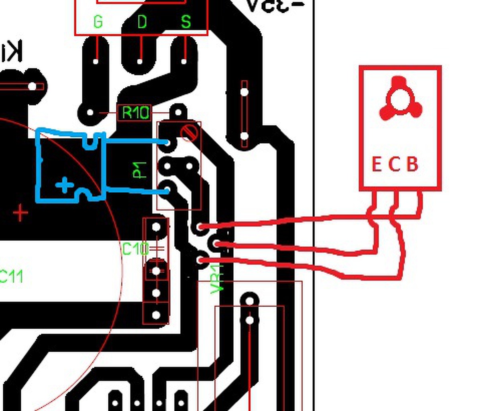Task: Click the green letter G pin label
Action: (98, 22)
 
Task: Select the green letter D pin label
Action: (142, 22)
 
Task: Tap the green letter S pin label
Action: (185, 22)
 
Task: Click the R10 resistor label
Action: (135, 113)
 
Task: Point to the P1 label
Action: (139, 170)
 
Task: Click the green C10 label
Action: (135, 249)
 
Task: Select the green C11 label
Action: (11, 277)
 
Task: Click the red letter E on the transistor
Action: (377, 165)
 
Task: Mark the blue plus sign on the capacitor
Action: (64, 185)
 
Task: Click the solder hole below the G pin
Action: (96, 61)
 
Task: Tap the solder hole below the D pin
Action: (140, 61)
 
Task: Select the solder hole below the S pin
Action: (184, 61)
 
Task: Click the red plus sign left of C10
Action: (20, 213)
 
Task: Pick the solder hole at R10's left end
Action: (90, 113)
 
